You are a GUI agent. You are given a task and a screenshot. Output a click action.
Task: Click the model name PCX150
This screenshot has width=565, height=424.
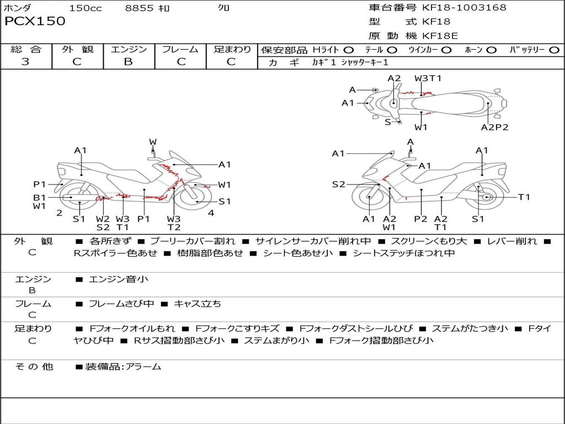(x=35, y=22)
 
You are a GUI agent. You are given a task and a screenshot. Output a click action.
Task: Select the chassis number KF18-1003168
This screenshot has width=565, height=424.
(x=464, y=8)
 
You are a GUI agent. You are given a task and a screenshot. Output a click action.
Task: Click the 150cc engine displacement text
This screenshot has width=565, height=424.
(x=85, y=8)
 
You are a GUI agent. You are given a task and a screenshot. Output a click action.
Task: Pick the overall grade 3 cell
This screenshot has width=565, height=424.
(x=25, y=61)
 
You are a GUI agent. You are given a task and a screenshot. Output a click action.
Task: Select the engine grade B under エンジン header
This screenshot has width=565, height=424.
(x=128, y=61)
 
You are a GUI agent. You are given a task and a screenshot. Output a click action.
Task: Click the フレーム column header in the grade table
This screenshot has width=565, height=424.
(x=180, y=49)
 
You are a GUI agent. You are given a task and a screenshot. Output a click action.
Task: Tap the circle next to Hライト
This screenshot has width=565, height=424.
(x=349, y=50)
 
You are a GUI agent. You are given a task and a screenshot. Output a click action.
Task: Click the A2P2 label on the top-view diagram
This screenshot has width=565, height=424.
(x=494, y=127)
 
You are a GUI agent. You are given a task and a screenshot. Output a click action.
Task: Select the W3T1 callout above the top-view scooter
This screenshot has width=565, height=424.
(x=428, y=78)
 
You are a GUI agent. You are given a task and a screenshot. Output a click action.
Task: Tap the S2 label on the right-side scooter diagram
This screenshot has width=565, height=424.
(x=338, y=184)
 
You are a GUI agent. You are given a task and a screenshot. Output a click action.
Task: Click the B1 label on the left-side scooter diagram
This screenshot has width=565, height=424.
(x=39, y=197)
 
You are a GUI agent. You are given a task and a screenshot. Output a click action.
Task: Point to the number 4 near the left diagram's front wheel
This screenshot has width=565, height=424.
(x=211, y=213)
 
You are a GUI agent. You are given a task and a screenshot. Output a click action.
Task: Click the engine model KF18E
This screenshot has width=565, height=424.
(x=440, y=36)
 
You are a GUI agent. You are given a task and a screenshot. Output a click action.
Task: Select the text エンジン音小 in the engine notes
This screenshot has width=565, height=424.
(x=119, y=279)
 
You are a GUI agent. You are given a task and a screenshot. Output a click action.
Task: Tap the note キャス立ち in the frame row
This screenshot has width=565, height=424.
(x=198, y=304)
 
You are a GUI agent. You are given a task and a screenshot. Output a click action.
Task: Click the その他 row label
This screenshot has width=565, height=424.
(x=34, y=366)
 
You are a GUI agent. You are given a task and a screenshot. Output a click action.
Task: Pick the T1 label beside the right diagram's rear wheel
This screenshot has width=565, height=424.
(x=524, y=197)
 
